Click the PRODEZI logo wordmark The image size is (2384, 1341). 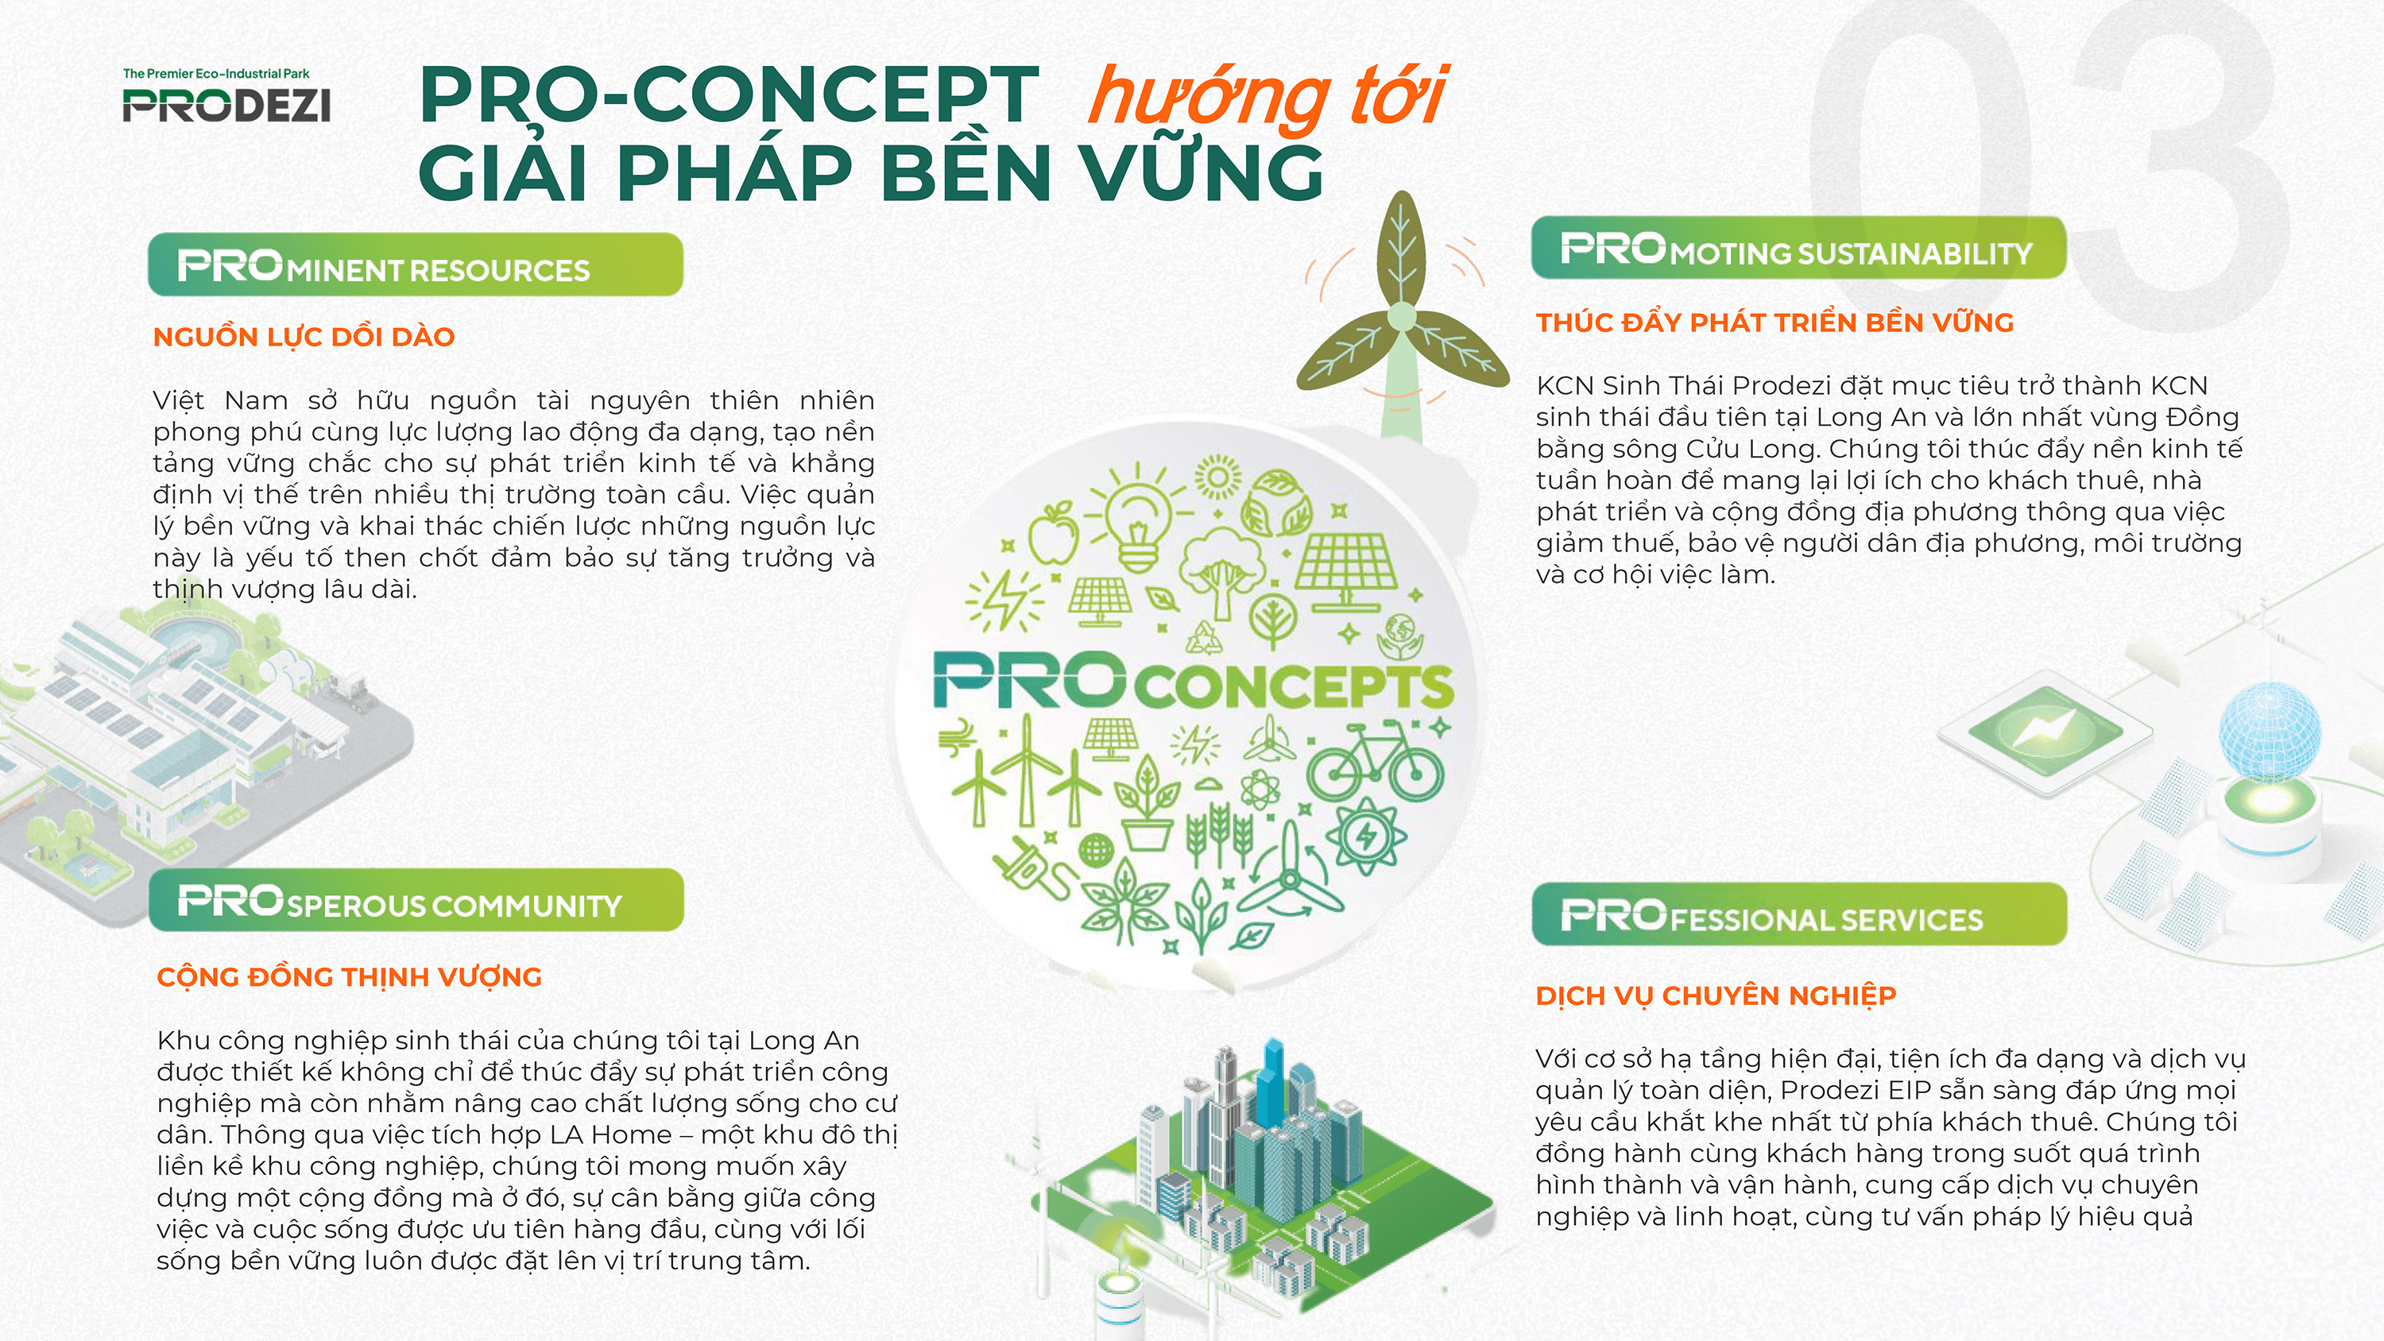tap(226, 105)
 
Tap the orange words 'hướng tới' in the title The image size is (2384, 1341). tap(1266, 97)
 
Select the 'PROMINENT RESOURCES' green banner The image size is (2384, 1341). tap(415, 265)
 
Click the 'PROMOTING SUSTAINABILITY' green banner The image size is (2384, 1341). tap(1798, 249)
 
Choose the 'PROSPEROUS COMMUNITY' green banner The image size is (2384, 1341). tap(415, 902)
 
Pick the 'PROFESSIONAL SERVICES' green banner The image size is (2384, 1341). tap(1798, 915)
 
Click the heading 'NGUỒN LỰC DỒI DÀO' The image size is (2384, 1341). tap(304, 337)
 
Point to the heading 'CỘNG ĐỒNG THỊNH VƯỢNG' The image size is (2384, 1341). tap(349, 977)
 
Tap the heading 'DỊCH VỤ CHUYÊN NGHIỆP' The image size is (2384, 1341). tap(1715, 995)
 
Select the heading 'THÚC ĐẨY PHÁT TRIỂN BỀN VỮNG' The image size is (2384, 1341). tap(1774, 323)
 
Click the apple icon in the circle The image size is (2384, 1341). tap(1054, 535)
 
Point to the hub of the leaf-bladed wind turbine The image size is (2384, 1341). tap(1401, 316)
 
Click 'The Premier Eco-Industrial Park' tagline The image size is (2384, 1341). tap(215, 73)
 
